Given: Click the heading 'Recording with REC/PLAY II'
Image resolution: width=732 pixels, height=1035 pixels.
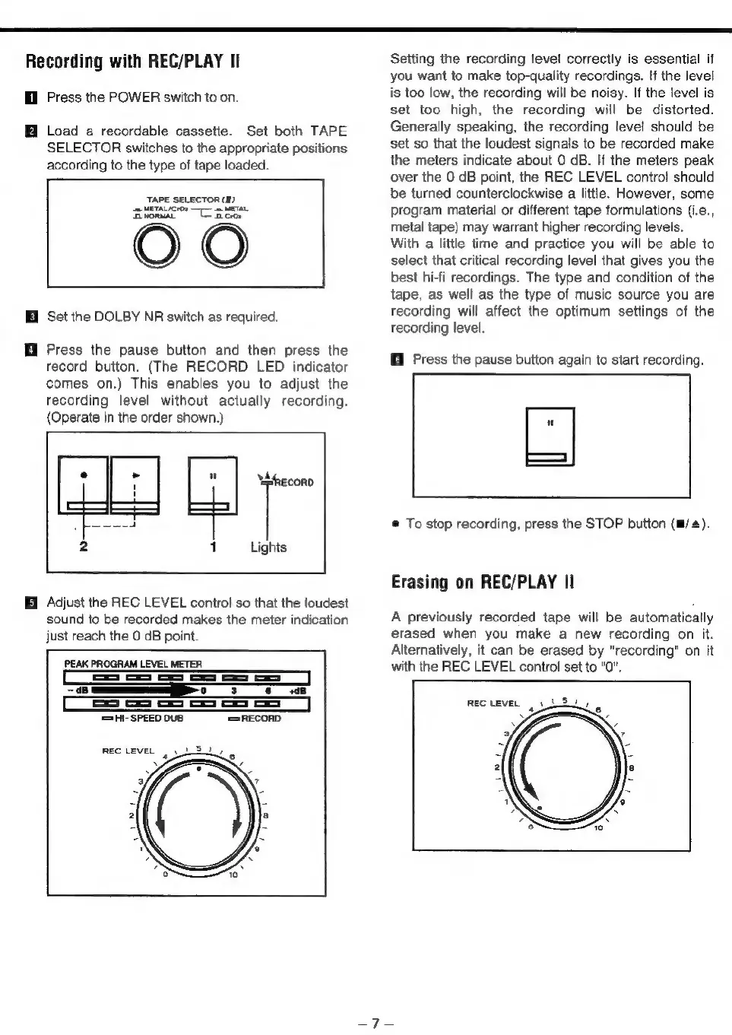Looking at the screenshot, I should (x=133, y=62).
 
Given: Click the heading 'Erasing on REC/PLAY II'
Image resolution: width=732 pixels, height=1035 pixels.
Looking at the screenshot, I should (x=482, y=583).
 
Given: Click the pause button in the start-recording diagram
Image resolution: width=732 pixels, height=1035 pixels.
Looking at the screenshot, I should (x=550, y=437).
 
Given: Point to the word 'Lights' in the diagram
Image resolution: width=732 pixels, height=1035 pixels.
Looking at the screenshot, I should (x=268, y=548).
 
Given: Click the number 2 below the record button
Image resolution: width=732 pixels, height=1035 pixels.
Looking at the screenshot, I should (x=84, y=547).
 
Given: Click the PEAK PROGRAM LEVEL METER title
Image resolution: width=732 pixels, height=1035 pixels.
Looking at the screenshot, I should (x=133, y=664).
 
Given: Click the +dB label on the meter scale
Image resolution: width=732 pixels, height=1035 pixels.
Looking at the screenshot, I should (x=296, y=691).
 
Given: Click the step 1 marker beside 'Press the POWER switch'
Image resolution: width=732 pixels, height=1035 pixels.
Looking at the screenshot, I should (x=31, y=97).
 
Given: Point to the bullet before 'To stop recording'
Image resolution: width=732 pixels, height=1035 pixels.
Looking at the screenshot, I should (x=396, y=524).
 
